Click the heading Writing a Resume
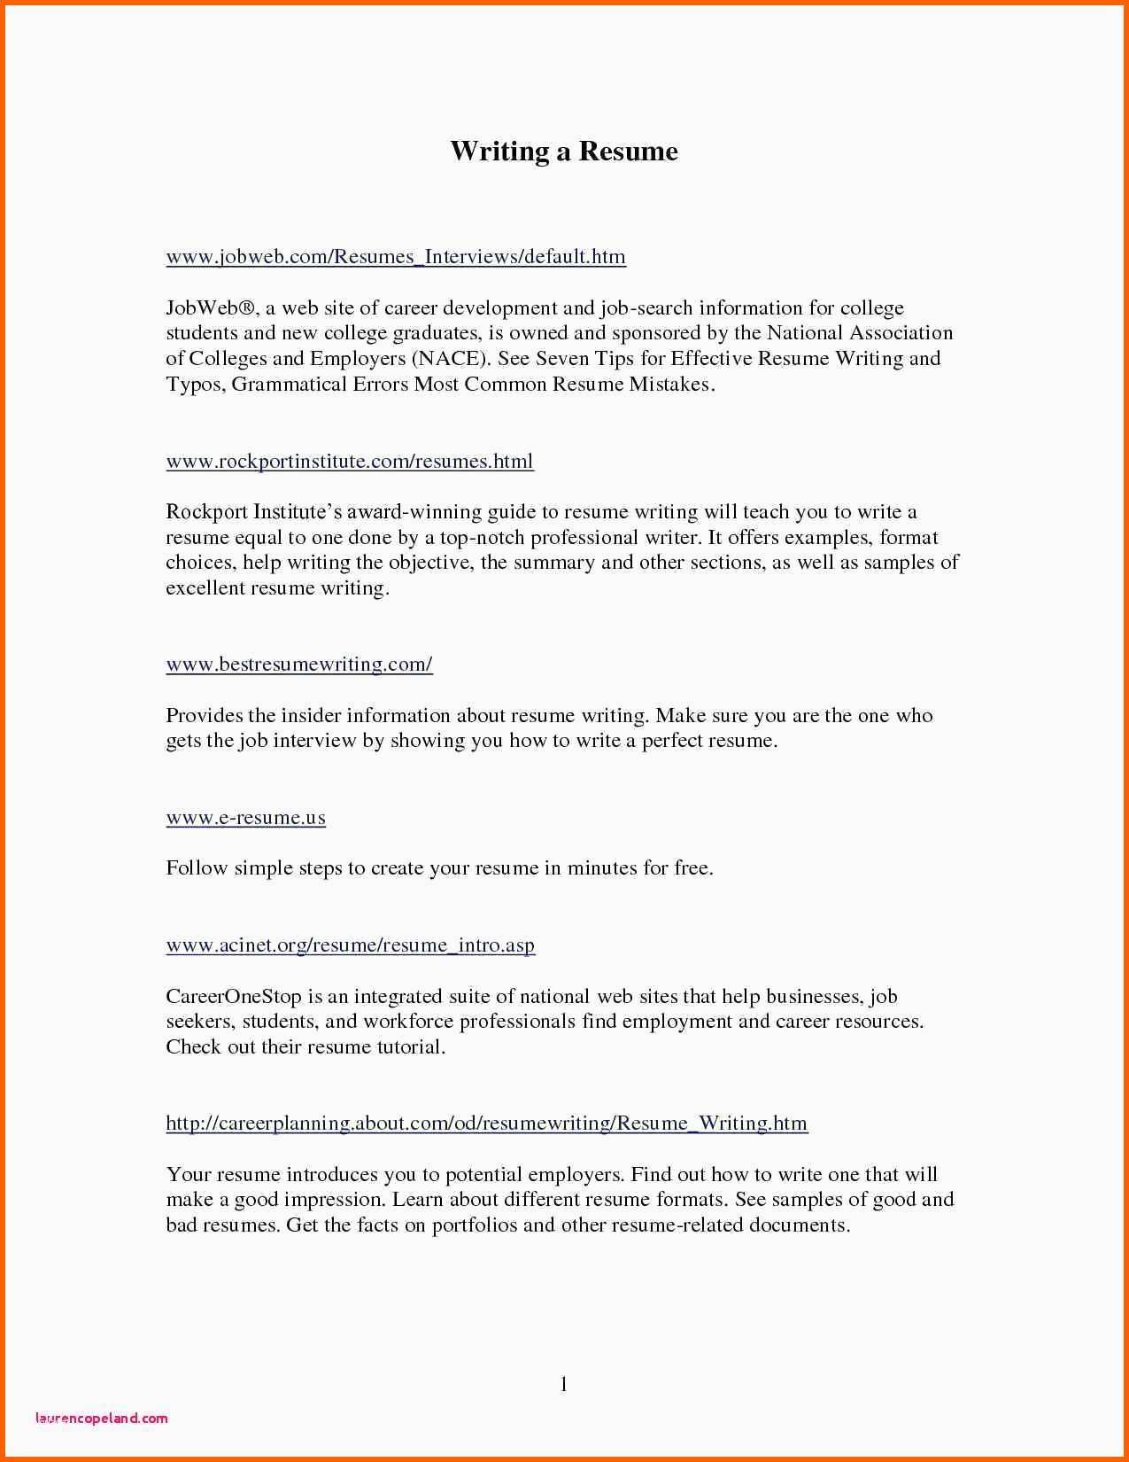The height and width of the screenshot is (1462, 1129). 564,152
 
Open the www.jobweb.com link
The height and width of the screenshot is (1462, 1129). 396,257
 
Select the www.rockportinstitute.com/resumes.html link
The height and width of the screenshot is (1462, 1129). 350,462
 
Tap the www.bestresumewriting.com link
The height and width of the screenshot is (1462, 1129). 299,665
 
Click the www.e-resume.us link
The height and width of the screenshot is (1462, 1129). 245,818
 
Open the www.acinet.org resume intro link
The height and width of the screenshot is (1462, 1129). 350,945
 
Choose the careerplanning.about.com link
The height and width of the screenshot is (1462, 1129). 486,1124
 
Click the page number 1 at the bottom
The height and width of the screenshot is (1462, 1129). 563,1383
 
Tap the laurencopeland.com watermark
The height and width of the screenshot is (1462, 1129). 101,1418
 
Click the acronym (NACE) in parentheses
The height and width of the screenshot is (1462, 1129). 449,359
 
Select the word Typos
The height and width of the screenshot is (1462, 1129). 195,385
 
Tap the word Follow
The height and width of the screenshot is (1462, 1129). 197,868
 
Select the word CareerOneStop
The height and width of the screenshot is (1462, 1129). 234,997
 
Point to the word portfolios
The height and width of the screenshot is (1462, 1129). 474,1225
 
